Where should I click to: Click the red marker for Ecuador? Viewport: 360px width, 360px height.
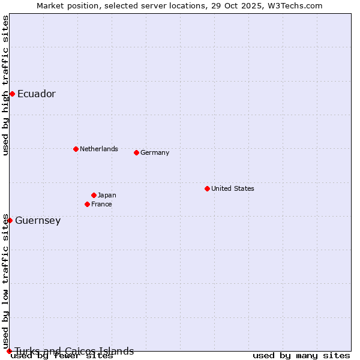point(12,94)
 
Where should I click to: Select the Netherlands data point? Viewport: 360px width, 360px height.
point(76,149)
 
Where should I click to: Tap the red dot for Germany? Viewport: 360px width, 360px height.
point(136,152)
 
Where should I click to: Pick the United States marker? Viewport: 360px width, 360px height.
point(207,188)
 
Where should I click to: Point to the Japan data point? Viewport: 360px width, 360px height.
point(94,195)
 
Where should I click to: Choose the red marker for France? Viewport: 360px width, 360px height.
point(87,204)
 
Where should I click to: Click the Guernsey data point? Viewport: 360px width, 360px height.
point(10,220)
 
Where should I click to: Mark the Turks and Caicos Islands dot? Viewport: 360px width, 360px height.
point(9,351)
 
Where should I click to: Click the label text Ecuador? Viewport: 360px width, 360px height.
point(37,94)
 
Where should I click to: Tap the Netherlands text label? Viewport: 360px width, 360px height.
point(99,149)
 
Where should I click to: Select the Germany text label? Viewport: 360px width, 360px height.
point(155,152)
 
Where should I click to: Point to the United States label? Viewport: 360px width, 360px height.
point(233,188)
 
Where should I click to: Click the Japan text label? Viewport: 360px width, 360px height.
point(107,195)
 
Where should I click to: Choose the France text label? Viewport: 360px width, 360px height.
point(101,204)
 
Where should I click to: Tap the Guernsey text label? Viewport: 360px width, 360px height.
point(38,220)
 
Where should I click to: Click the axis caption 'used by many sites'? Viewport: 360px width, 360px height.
point(301,355)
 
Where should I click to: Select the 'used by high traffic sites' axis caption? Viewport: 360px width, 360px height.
point(5,85)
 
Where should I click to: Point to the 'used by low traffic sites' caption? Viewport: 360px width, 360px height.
point(5,281)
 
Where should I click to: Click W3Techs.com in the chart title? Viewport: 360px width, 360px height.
point(295,5)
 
